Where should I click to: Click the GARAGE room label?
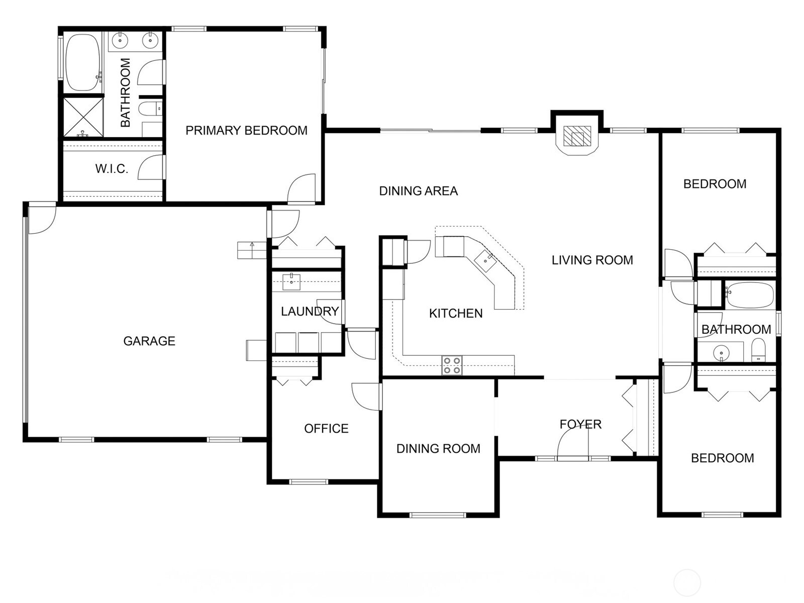tap(149, 341)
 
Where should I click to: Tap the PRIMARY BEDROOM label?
tap(246, 130)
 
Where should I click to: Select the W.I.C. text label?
tap(112, 169)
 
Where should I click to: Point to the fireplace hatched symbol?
tap(577, 136)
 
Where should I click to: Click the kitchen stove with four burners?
tap(452, 365)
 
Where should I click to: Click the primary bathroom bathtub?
tap(83, 62)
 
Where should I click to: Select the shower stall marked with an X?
tap(83, 117)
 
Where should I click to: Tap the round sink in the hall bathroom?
tap(721, 353)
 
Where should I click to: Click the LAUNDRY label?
tap(310, 311)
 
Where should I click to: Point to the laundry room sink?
tap(291, 281)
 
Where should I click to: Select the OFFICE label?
tap(326, 428)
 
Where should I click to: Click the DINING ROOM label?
tap(438, 449)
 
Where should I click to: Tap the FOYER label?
tap(580, 424)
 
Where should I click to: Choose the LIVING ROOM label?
tap(592, 260)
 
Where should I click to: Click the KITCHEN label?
tap(456, 313)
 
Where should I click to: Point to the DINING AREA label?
tap(418, 191)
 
